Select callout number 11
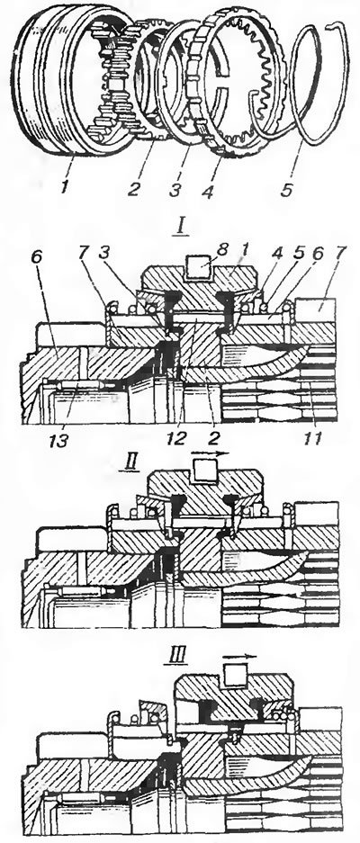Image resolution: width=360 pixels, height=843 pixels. (x=313, y=439)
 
